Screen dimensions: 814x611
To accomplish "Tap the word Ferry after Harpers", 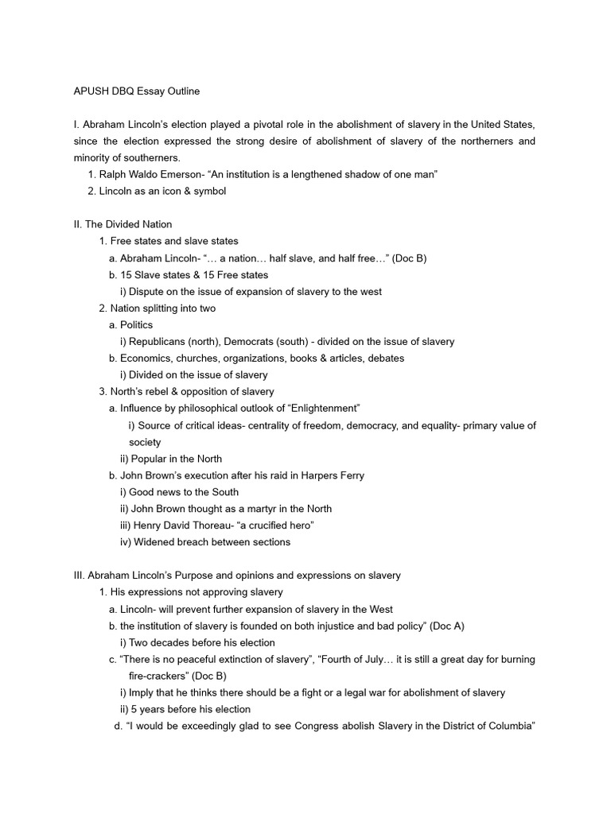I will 348,475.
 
